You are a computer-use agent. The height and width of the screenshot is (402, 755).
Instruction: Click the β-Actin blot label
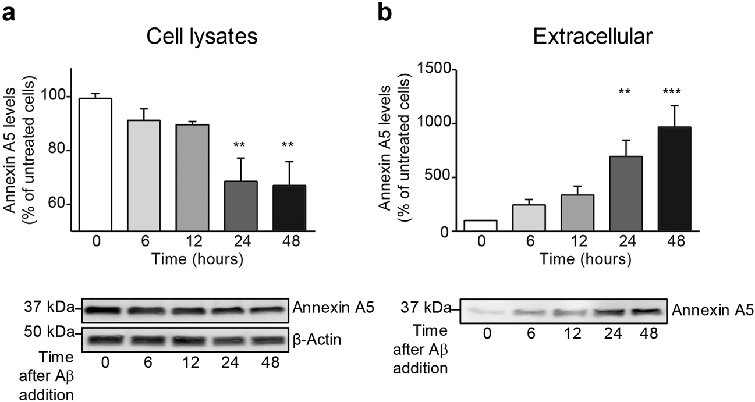pos(317,339)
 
